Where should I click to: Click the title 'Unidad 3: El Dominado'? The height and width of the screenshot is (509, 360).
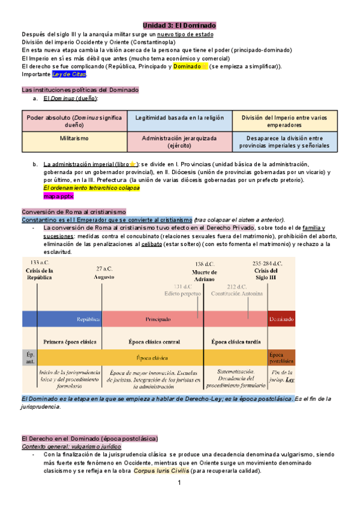tap(179, 26)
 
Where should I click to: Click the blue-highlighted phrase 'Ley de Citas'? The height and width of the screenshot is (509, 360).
tap(69, 74)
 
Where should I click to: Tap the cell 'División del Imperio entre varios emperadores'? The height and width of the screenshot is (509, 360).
tap(284, 121)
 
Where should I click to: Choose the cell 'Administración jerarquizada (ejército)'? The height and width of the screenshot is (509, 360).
tap(179, 142)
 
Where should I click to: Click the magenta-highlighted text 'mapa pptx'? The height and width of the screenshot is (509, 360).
tap(58, 196)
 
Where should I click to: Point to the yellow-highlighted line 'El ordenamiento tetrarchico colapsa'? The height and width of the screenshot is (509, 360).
tap(91, 187)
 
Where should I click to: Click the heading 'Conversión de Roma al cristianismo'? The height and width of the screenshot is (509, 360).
tap(74, 212)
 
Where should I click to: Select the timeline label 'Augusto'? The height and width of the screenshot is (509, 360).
tap(103, 277)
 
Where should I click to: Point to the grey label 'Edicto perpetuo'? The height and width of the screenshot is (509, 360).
tap(187, 294)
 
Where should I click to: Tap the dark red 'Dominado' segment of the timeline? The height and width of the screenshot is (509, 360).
tap(281, 319)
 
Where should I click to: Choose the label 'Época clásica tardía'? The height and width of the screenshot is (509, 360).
tap(236, 342)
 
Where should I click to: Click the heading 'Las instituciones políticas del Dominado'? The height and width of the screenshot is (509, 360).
tap(80, 89)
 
